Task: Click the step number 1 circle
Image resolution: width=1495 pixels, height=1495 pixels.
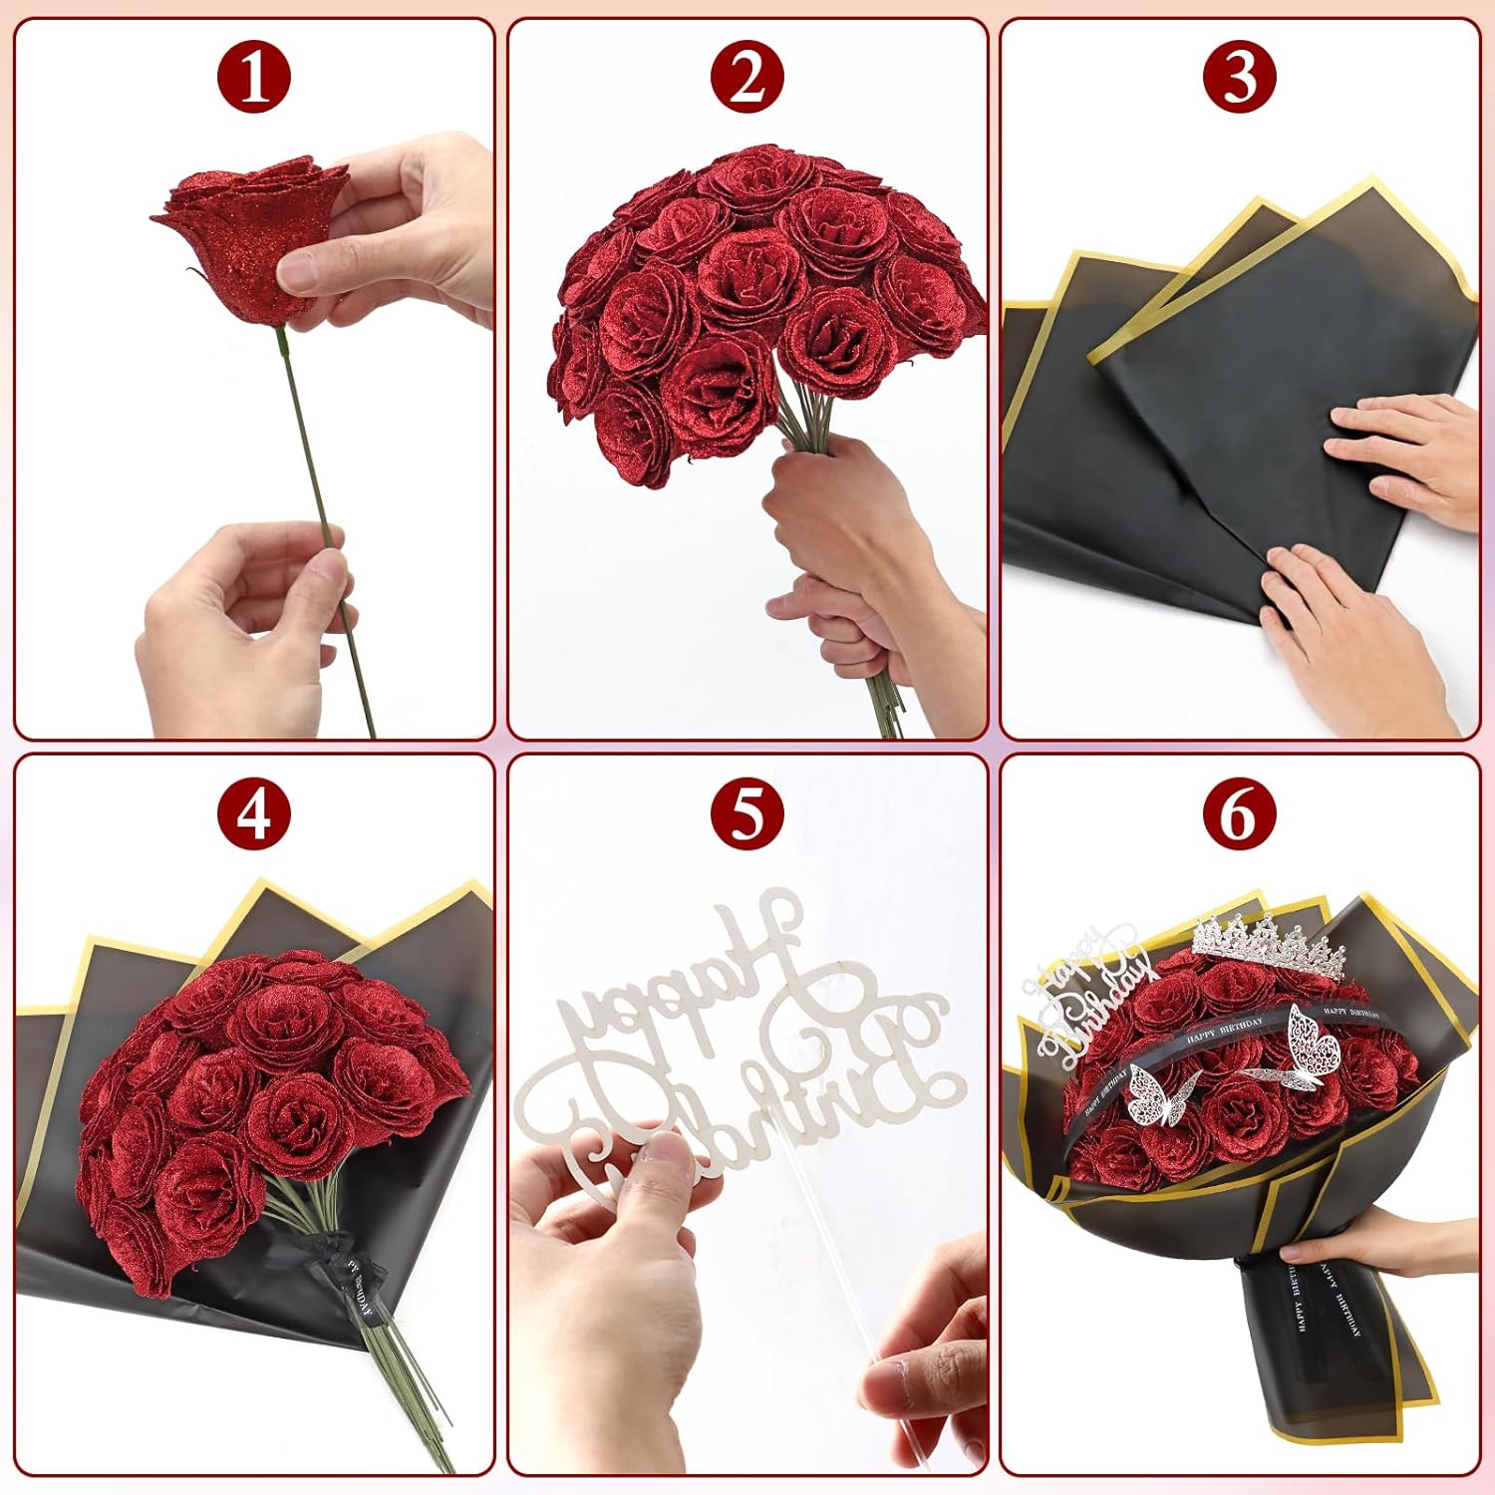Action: [254, 77]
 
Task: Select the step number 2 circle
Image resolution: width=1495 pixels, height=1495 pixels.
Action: [747, 77]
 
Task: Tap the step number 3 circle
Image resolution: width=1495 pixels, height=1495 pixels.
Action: [1239, 77]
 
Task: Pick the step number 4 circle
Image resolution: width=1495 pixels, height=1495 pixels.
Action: [254, 813]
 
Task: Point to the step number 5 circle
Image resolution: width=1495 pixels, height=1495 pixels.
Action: [747, 813]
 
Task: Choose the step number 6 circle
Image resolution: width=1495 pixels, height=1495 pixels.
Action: [1239, 813]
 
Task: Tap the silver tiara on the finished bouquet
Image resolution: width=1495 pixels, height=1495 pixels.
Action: [1266, 942]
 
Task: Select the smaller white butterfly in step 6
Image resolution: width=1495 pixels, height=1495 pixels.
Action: [1156, 1096]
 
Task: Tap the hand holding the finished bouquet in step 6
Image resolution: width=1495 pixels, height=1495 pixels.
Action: [1395, 1246]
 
